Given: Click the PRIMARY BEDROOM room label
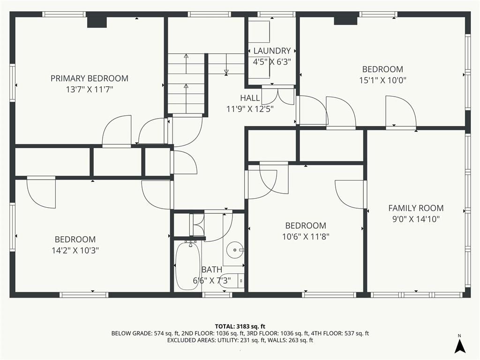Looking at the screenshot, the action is tap(90, 78).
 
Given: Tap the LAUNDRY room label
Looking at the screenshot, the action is tap(272, 51).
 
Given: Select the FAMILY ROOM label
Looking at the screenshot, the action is tap(416, 208).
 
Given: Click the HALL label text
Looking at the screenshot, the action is tap(250, 98).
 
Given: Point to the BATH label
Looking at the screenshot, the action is tap(212, 270).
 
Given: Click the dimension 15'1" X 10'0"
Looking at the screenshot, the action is tap(382, 81).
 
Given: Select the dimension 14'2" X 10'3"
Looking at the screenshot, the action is tap(75, 251).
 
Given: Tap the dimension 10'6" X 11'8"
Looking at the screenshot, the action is tap(306, 237).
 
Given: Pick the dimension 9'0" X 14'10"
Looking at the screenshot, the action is tap(416, 219).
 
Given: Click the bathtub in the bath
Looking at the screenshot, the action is tap(188, 266).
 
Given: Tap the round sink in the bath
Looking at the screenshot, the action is tap(235, 250).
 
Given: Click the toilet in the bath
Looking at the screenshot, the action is tap(232, 281).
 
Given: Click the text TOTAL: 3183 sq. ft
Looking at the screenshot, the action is tap(240, 326).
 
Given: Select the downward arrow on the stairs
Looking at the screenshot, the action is tap(226, 64).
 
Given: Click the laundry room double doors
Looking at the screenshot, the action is tap(278, 96).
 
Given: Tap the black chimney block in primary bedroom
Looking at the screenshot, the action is tap(97, 22).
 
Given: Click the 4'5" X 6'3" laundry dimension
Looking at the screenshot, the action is tap(272, 62).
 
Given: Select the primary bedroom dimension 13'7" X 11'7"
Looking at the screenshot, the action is tap(90, 90).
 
